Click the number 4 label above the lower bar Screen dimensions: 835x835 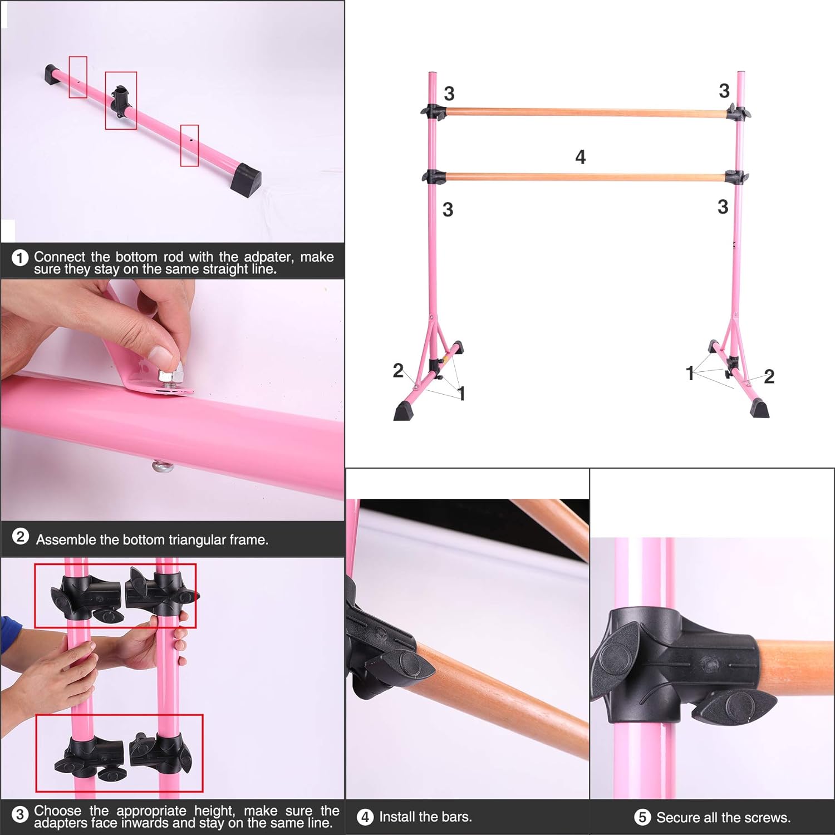580,157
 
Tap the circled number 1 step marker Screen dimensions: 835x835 20,258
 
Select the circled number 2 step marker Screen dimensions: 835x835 21,537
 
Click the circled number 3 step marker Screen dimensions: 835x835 20,814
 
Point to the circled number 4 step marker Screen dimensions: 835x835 365,817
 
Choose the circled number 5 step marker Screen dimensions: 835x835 642,817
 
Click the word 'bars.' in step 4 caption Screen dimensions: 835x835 457,817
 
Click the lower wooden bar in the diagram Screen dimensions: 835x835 586,178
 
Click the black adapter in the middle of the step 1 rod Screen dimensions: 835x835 120,100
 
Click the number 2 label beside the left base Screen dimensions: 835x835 397,371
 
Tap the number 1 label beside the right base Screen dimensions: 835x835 690,374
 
